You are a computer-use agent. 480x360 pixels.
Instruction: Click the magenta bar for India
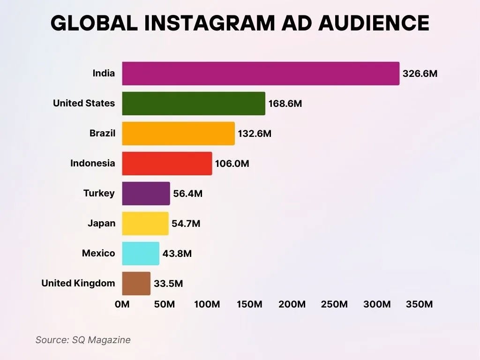pyautogui.click(x=261, y=74)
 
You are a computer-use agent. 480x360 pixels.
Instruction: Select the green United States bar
pyautogui.click(x=194, y=104)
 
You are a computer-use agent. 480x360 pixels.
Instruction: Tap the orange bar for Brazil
pyautogui.click(x=178, y=134)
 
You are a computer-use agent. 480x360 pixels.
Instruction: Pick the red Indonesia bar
pyautogui.click(x=167, y=164)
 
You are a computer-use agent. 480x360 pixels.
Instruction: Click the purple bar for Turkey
pyautogui.click(x=146, y=194)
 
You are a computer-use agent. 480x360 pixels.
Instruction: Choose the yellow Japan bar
pyautogui.click(x=145, y=224)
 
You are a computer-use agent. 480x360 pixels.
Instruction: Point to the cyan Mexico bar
pyautogui.click(x=141, y=254)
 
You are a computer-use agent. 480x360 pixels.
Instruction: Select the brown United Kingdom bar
pyautogui.click(x=136, y=284)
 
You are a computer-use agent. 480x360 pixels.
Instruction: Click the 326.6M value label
pyautogui.click(x=420, y=74)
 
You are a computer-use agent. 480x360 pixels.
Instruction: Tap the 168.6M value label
pyautogui.click(x=285, y=104)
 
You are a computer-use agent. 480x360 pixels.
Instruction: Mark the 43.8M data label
pyautogui.click(x=177, y=254)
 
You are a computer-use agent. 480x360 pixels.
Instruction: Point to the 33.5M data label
pyautogui.click(x=168, y=284)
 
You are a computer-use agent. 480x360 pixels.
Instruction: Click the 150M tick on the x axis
pyautogui.click(x=249, y=305)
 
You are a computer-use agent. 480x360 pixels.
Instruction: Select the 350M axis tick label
pyautogui.click(x=419, y=305)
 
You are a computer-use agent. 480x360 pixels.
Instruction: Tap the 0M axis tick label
pyautogui.click(x=122, y=305)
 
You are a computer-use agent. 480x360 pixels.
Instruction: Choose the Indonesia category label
pyautogui.click(x=92, y=164)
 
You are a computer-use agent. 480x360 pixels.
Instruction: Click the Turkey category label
pyautogui.click(x=99, y=194)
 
